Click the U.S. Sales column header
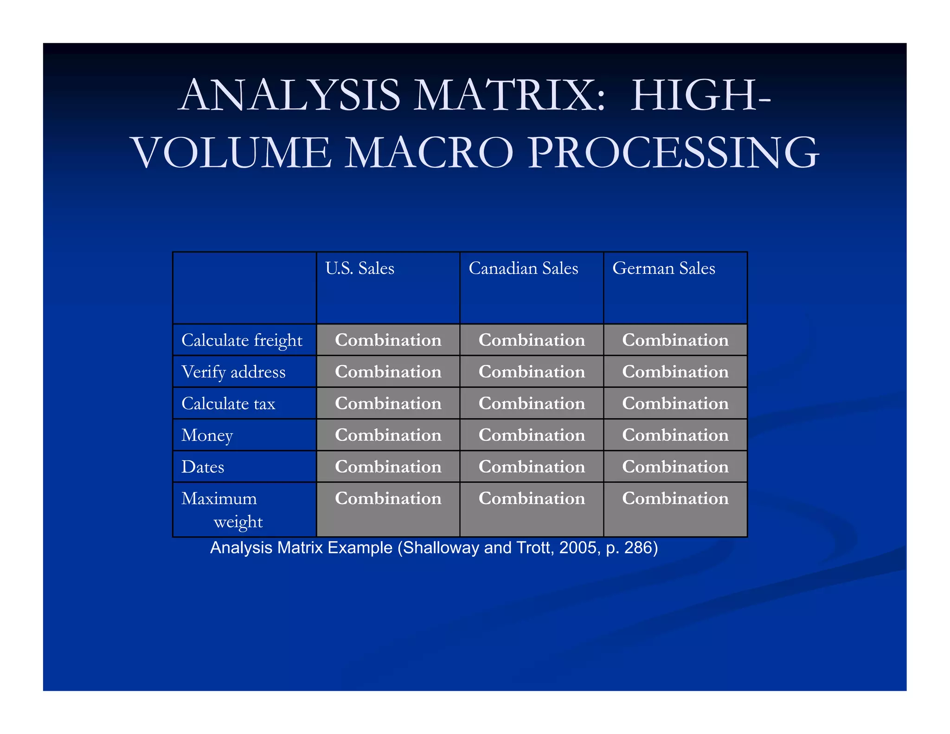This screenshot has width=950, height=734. (359, 269)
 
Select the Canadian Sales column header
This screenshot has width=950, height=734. (523, 269)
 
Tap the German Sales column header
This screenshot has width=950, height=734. (663, 269)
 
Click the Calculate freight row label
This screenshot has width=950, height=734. (242, 341)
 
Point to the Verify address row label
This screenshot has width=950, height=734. (233, 372)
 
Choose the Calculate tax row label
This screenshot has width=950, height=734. (228, 404)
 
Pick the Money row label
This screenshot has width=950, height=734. (207, 435)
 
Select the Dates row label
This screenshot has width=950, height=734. (203, 467)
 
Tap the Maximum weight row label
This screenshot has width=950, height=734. (222, 509)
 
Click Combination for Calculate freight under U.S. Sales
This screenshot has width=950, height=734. (388, 340)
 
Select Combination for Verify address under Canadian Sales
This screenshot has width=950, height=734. (532, 372)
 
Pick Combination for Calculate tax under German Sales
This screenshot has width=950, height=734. (675, 403)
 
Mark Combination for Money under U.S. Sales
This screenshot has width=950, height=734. (388, 435)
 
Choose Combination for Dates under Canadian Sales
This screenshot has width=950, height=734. (532, 466)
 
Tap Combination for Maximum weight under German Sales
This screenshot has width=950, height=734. (675, 498)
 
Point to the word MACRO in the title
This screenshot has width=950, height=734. (430, 152)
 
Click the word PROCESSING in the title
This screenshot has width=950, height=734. (673, 152)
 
